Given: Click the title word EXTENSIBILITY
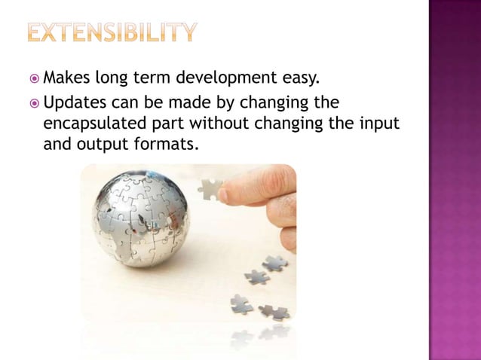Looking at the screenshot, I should [x=114, y=32].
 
